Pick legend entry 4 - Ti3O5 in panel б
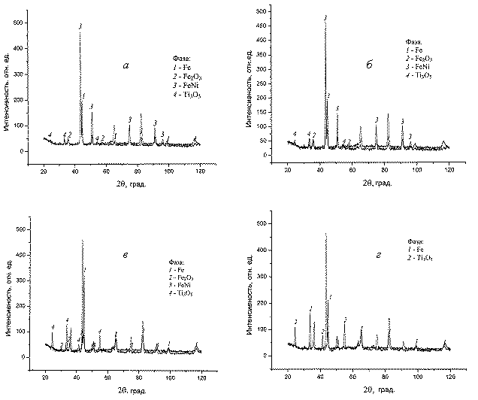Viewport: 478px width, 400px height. click(419, 76)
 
